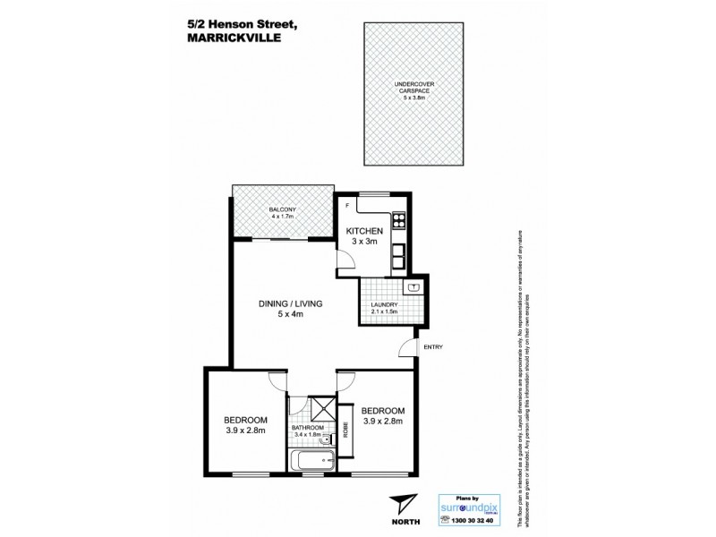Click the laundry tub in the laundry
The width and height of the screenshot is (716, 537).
[413, 287]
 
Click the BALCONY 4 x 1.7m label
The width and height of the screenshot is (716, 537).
[282, 213]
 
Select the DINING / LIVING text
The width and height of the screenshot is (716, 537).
[291, 303]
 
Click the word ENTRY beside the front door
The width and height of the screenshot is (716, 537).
[433, 346]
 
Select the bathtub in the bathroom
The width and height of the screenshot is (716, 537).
[312, 463]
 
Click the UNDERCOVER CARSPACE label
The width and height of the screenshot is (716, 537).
[414, 92]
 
